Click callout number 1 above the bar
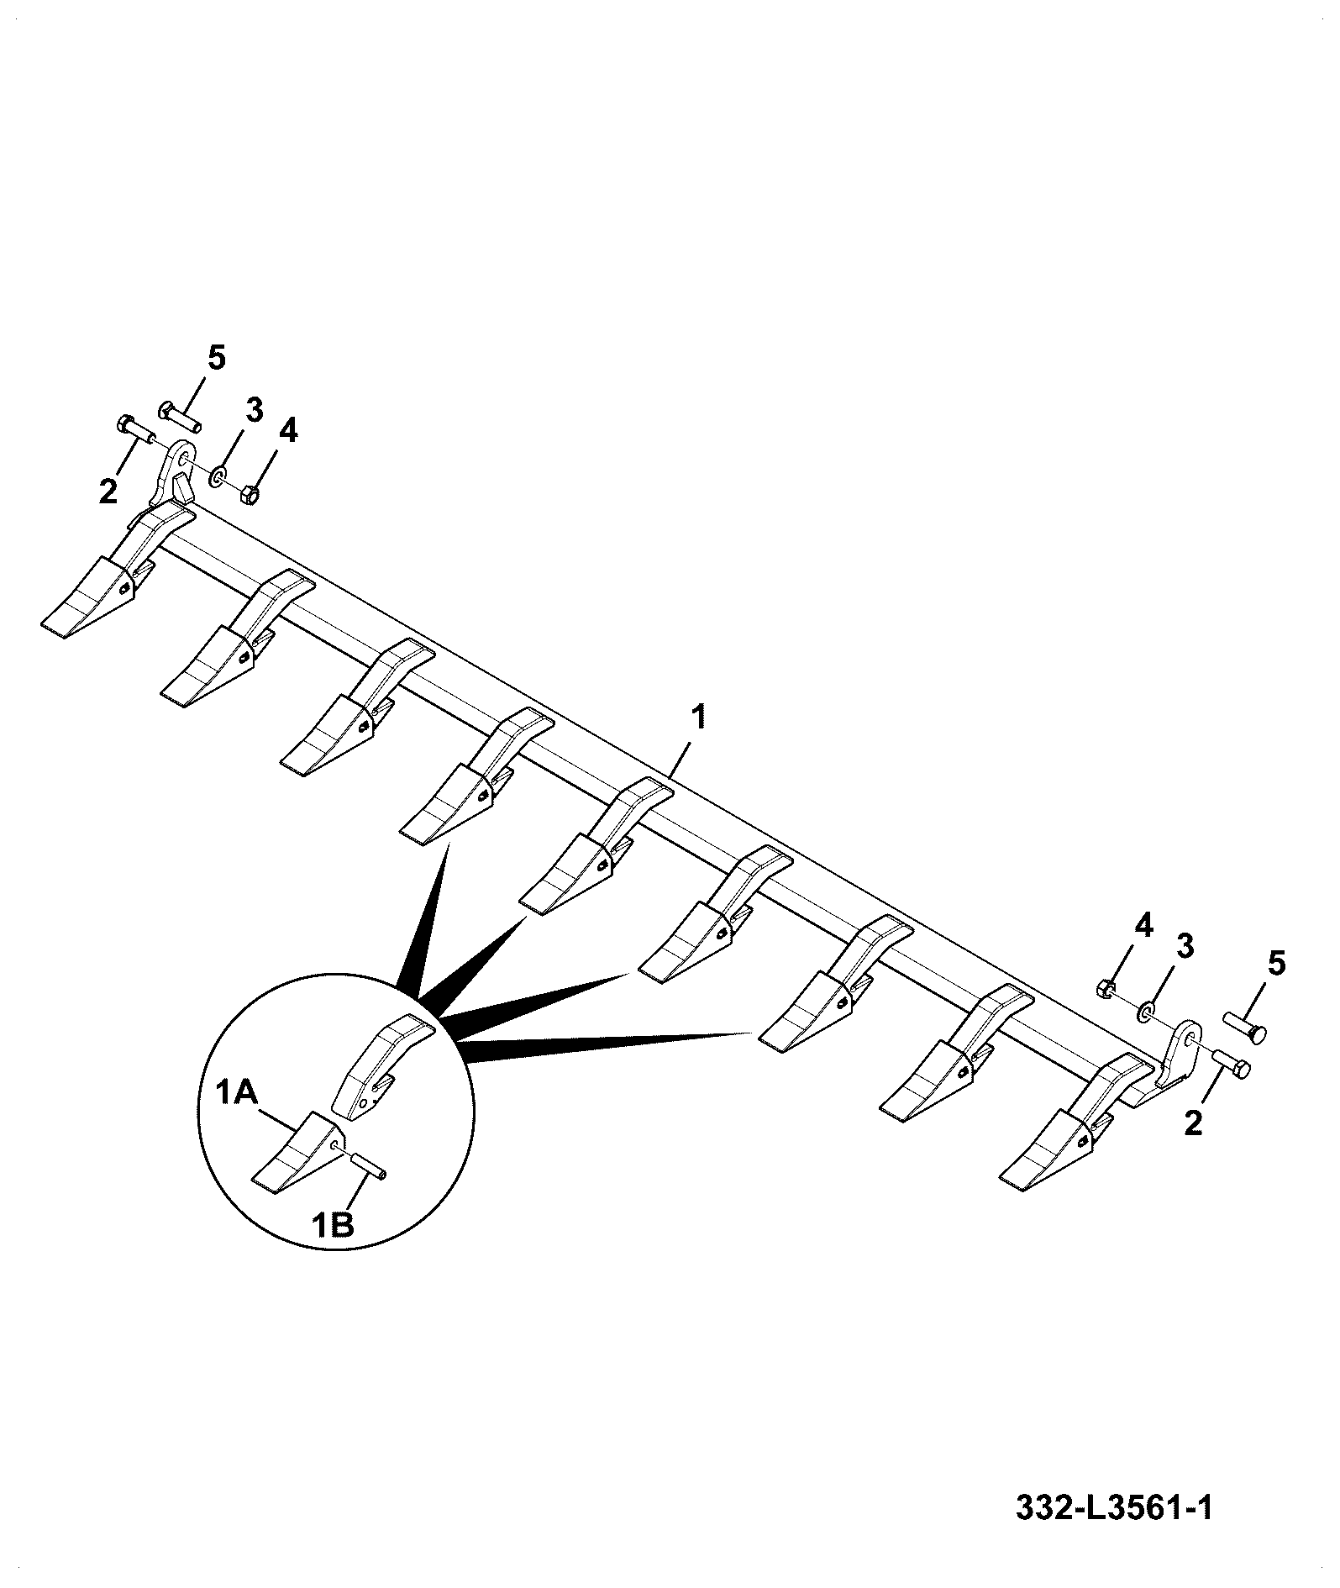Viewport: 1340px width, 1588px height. [x=699, y=718]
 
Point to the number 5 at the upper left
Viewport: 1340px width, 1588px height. [x=216, y=359]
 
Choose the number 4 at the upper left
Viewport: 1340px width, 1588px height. [x=287, y=431]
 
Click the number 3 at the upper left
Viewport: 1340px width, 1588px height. [x=254, y=412]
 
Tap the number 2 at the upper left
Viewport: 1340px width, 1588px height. [x=108, y=492]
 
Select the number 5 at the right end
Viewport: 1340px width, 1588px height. [x=1275, y=963]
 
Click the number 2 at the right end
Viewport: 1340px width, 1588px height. [x=1193, y=1123]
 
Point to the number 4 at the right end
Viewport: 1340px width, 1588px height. [x=1143, y=928]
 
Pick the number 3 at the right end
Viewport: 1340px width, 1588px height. [x=1184, y=947]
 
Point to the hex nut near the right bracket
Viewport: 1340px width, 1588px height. [x=1107, y=989]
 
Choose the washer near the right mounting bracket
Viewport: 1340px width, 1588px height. [x=1145, y=1012]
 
